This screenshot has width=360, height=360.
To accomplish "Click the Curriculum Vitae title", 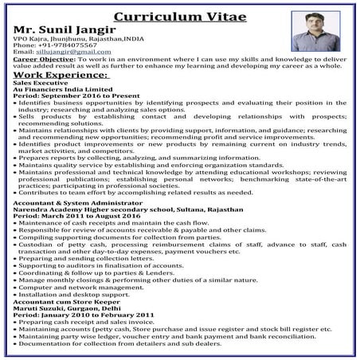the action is click(x=179, y=17).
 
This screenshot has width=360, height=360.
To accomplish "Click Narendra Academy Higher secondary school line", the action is click(x=119, y=210).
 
